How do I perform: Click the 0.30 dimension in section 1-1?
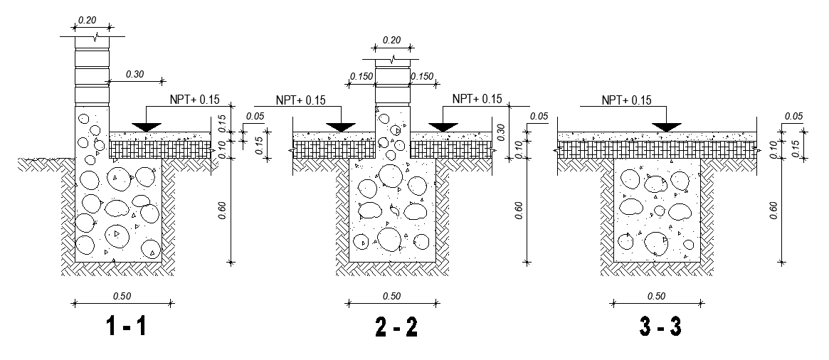pos(134,73)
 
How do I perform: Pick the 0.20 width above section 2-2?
pos(391,41)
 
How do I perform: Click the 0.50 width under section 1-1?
pos(123,296)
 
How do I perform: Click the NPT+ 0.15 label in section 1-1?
pos(189,100)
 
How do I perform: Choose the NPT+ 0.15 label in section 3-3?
pos(626,100)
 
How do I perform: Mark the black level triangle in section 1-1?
pos(147,127)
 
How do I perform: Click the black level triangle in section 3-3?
pos(667,127)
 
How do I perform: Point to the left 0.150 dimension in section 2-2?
pos(361,76)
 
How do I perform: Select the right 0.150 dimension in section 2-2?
pos(422,76)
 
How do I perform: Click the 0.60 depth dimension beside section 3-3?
pos(773,211)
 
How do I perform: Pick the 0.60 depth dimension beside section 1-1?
pos(222,211)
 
